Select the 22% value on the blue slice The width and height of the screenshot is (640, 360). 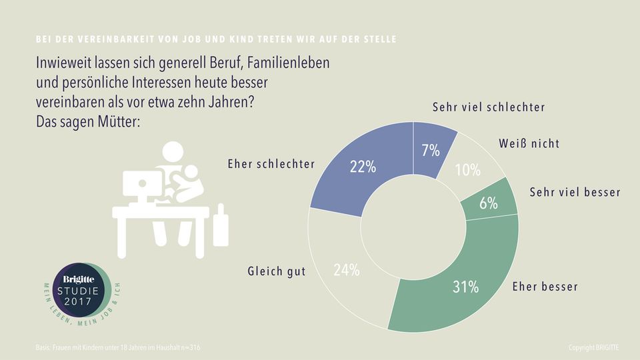click(x=363, y=167)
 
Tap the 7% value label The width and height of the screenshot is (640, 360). click(x=430, y=151)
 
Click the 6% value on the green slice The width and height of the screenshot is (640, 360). click(x=489, y=203)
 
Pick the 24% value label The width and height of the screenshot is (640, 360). click(x=346, y=270)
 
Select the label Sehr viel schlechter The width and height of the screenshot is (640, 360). click(x=489, y=107)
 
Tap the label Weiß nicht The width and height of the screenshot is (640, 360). click(x=529, y=143)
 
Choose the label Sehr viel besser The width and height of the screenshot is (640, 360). click(x=575, y=193)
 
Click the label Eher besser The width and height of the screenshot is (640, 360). click(x=544, y=287)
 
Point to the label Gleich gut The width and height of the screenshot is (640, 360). click(x=276, y=271)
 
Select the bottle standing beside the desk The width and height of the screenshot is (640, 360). click(x=221, y=226)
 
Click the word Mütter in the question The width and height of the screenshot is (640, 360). click(x=118, y=123)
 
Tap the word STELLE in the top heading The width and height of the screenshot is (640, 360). click(x=378, y=39)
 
